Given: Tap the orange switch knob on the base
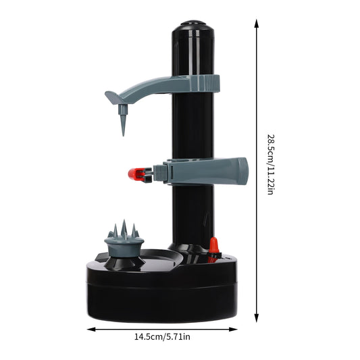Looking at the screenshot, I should point(213,248).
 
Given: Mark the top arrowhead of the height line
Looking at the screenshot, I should point(257,22).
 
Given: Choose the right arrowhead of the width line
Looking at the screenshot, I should point(238,330).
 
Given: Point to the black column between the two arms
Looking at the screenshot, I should point(192,128).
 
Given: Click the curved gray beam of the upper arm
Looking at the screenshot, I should point(152,86).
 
